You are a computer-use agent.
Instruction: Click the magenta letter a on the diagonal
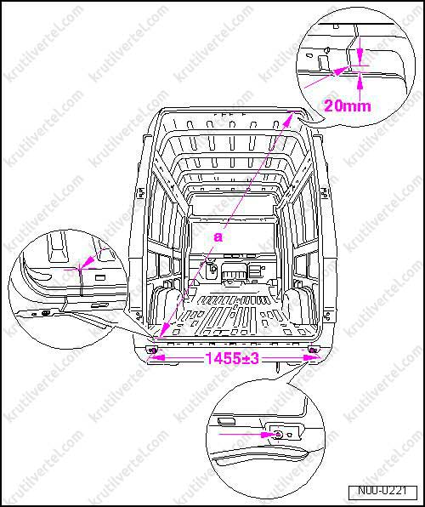[x=218, y=238]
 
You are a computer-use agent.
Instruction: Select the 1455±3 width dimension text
[x=231, y=359]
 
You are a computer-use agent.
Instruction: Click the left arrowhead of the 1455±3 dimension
[x=154, y=359]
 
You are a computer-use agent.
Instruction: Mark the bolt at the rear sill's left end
[x=153, y=350]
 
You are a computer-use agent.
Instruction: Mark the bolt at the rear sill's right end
[x=314, y=350]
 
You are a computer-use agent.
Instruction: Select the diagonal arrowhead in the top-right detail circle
[x=344, y=69]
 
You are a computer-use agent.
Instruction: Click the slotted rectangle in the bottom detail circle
[x=229, y=420]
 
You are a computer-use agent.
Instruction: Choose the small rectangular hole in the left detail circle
[x=99, y=277]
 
